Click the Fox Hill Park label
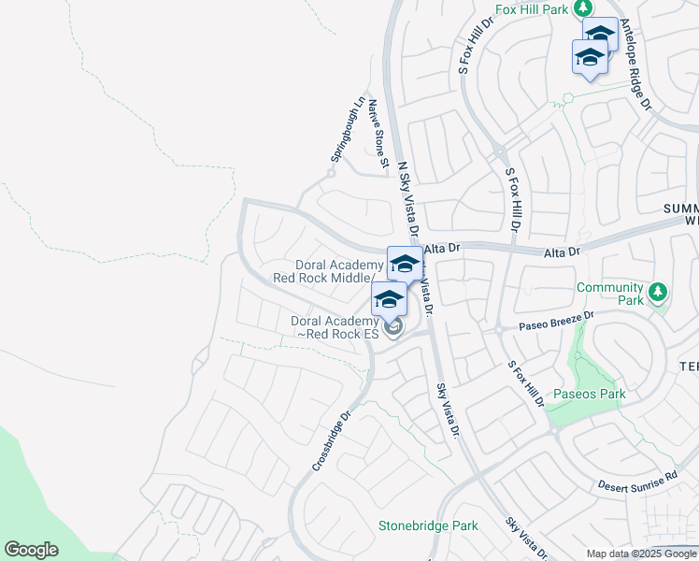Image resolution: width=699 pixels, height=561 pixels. tap(532, 8)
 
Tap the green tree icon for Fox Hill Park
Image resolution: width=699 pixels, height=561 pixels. tap(583, 7)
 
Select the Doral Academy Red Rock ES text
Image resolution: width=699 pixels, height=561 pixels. tap(335, 327)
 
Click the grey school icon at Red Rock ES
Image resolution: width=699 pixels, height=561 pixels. tap(394, 326)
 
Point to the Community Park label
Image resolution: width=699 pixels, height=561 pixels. tap(610, 294)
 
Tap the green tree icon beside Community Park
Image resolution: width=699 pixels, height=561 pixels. tap(659, 293)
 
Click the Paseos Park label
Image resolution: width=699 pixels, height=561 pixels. tap(589, 394)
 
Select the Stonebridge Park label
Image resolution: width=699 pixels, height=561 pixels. tap(428, 525)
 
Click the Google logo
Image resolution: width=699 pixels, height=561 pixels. tap(31, 550)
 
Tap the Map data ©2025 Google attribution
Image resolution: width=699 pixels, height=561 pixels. tap(641, 554)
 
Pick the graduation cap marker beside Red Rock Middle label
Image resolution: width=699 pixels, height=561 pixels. tap(404, 264)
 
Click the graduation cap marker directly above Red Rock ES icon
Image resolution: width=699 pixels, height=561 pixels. tap(388, 300)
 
